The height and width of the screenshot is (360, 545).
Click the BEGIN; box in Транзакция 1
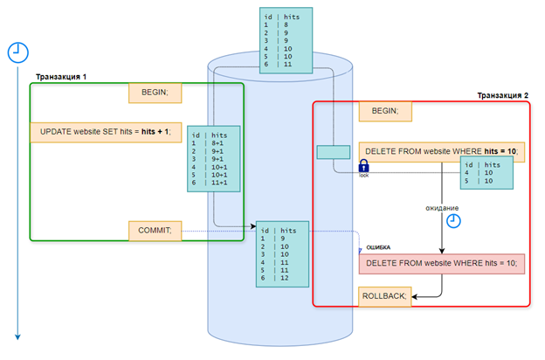155,93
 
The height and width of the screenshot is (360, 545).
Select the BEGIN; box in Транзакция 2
385,111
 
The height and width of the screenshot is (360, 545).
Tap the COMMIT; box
155,231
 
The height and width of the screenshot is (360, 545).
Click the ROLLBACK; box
384,296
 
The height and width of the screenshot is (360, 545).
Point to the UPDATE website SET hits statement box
106,132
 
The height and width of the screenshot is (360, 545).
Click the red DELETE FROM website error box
442,264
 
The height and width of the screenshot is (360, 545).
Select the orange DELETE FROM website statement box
442,152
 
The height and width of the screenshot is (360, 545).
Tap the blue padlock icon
363,166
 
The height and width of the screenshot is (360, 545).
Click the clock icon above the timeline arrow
18,52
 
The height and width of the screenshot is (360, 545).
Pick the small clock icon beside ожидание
453,221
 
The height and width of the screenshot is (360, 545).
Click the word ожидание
442,208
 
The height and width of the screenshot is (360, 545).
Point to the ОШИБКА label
378,247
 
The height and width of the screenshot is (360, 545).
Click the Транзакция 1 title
61,77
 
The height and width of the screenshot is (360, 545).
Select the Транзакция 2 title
502,95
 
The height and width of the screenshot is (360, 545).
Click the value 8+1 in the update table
217,143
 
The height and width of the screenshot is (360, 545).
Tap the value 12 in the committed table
285,278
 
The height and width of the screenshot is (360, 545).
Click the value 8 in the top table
286,24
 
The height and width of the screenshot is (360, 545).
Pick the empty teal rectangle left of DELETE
334,152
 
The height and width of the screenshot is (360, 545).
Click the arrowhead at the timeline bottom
17,337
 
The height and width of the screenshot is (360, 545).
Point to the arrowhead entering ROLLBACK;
414,297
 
